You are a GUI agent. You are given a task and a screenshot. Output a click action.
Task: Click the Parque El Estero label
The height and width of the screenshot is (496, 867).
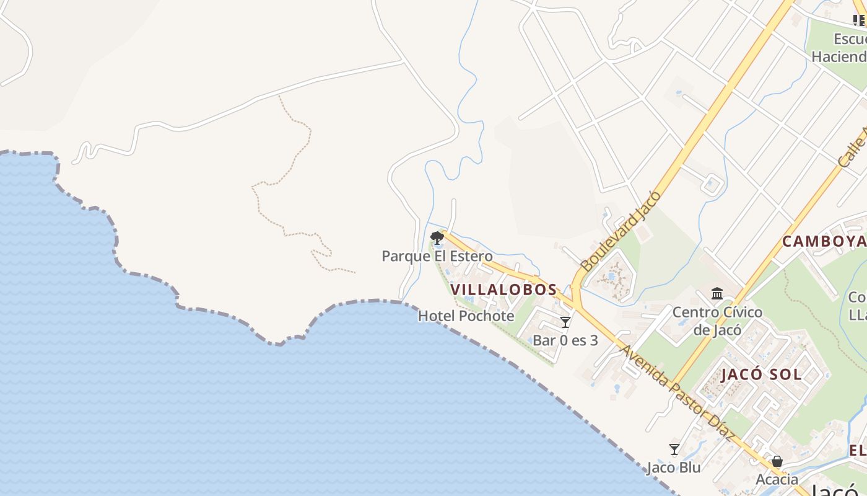point(437,256)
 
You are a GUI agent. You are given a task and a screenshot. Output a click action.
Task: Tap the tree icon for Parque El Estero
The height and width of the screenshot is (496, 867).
point(437,237)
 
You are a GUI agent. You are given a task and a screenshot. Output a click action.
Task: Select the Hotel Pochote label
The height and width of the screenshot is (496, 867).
point(466,316)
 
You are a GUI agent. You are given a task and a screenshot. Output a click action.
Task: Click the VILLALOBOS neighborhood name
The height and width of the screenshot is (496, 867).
point(503,290)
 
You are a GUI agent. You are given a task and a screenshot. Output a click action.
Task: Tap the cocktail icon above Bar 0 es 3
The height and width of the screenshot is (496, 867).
point(565,322)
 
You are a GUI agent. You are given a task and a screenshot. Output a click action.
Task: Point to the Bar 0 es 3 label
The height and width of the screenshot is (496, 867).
point(565,340)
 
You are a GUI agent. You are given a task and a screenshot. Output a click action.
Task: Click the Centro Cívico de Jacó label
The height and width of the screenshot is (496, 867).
point(717,321)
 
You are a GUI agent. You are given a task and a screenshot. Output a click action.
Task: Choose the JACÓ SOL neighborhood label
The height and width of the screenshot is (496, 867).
point(761,374)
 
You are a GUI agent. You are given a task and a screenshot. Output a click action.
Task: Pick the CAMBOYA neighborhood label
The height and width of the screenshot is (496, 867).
point(824,241)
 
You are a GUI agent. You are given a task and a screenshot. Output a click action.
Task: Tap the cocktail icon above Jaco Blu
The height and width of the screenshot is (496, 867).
point(674,449)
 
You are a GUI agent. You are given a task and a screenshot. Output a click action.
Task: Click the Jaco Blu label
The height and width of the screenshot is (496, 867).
point(674,467)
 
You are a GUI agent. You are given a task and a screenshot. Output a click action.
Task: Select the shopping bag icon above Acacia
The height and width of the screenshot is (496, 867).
point(777,462)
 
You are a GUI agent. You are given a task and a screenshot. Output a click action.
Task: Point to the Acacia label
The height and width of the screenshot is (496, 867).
point(777,480)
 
